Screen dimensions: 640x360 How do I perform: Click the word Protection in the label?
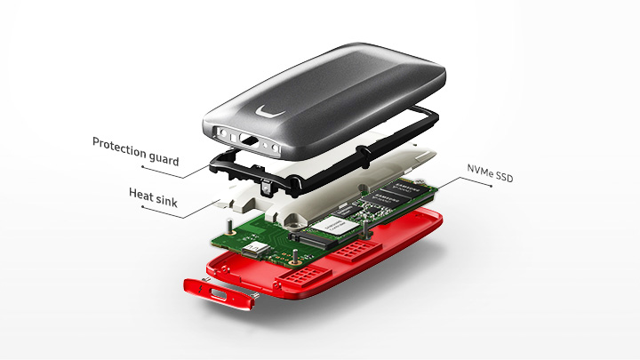(119, 148)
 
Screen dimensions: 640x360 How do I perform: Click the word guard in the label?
(164, 158)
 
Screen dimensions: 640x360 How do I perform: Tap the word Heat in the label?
(138, 194)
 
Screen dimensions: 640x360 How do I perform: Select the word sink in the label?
(164, 200)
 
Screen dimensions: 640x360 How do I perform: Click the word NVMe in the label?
(479, 170)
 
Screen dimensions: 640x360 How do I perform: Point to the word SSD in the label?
(503, 176)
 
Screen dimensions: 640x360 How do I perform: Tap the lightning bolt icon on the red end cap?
(200, 290)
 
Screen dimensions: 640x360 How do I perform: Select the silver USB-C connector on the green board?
(255, 249)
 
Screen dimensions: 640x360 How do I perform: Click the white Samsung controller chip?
(333, 225)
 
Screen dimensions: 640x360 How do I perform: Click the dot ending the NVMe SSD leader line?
(491, 186)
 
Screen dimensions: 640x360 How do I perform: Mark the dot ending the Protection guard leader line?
(142, 166)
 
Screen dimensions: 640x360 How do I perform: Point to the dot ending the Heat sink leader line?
(142, 206)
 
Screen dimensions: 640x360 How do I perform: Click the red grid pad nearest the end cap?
(300, 276)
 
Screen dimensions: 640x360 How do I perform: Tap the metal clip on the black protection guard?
(266, 188)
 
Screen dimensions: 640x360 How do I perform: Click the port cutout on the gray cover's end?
(249, 140)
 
